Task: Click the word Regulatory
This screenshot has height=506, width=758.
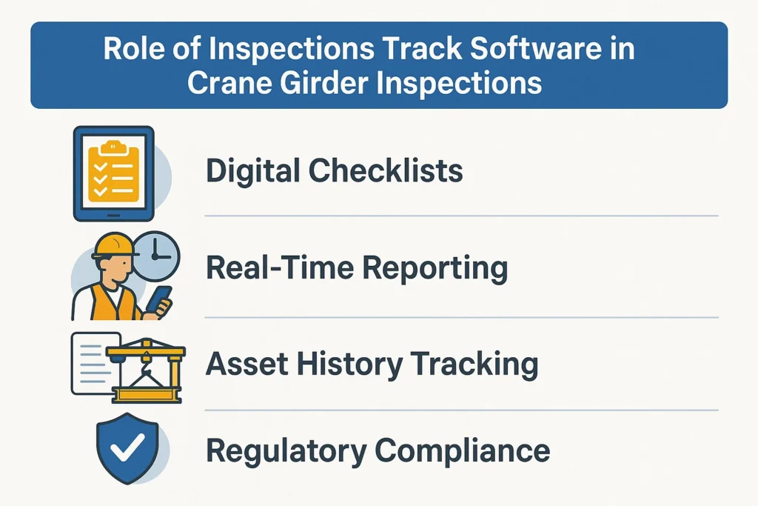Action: pyautogui.click(x=284, y=450)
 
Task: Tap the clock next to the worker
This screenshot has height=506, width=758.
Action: pyautogui.click(x=156, y=255)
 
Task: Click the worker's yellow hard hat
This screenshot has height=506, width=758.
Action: pyautogui.click(x=114, y=245)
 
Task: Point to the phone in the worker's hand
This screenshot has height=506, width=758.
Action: pyautogui.click(x=158, y=298)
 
